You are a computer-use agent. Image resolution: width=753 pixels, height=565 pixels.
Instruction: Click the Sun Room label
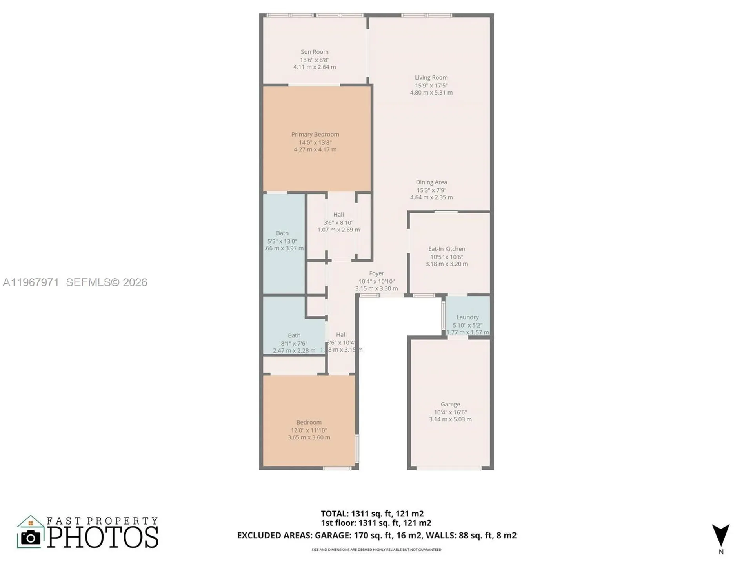click(315, 52)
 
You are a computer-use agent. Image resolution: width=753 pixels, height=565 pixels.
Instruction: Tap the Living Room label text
click(431, 78)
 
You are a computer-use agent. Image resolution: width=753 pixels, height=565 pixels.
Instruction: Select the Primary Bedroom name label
click(315, 134)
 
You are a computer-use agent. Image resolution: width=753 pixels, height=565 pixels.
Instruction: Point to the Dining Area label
click(431, 182)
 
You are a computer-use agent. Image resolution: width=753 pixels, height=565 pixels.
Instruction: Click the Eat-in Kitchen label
click(447, 249)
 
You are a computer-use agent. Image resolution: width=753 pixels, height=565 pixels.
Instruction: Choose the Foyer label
click(376, 273)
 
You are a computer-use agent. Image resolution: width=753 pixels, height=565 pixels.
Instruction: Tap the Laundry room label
click(467, 317)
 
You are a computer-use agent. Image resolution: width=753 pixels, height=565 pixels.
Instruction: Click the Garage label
click(450, 404)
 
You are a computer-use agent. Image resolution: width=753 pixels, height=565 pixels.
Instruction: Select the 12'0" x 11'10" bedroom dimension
click(309, 430)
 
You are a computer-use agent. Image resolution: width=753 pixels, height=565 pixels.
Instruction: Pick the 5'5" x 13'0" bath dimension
click(282, 241)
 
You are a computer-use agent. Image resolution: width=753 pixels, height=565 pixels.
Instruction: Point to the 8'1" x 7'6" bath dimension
click(294, 343)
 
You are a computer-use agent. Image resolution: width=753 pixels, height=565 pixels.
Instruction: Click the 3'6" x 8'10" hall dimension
click(338, 222)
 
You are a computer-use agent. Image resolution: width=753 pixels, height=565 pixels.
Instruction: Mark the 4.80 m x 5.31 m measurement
click(431, 93)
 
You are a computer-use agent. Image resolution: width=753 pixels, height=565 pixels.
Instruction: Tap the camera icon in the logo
click(31, 537)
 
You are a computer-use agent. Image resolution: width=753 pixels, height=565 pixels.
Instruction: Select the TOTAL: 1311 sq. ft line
click(372, 514)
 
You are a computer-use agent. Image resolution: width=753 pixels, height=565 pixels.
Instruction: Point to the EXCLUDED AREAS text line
click(376, 535)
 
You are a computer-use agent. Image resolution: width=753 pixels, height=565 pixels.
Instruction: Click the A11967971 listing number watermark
click(31, 282)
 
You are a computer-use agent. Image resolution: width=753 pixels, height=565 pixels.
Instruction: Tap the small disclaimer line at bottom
click(376, 550)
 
